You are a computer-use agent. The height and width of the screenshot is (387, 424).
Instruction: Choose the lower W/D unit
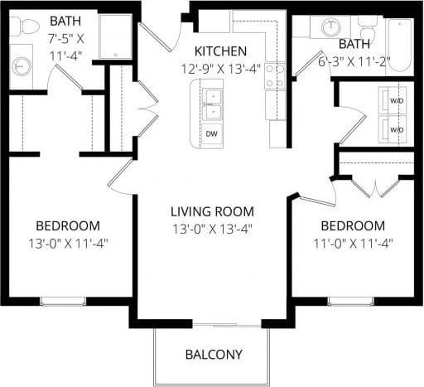396,129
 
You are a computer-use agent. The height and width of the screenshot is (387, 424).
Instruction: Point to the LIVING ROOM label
212,210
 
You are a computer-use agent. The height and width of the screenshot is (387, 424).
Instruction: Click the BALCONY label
214,355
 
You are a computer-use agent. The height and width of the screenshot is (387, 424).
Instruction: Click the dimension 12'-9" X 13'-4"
222,69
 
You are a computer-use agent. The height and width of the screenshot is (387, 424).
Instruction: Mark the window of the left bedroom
64,301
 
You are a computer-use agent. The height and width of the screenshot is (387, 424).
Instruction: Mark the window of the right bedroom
350,301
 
